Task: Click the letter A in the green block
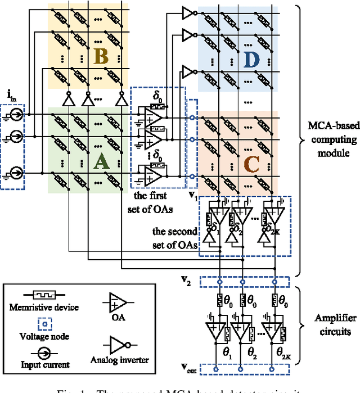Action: pos(101,162)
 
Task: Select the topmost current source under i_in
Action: pos(15,115)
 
